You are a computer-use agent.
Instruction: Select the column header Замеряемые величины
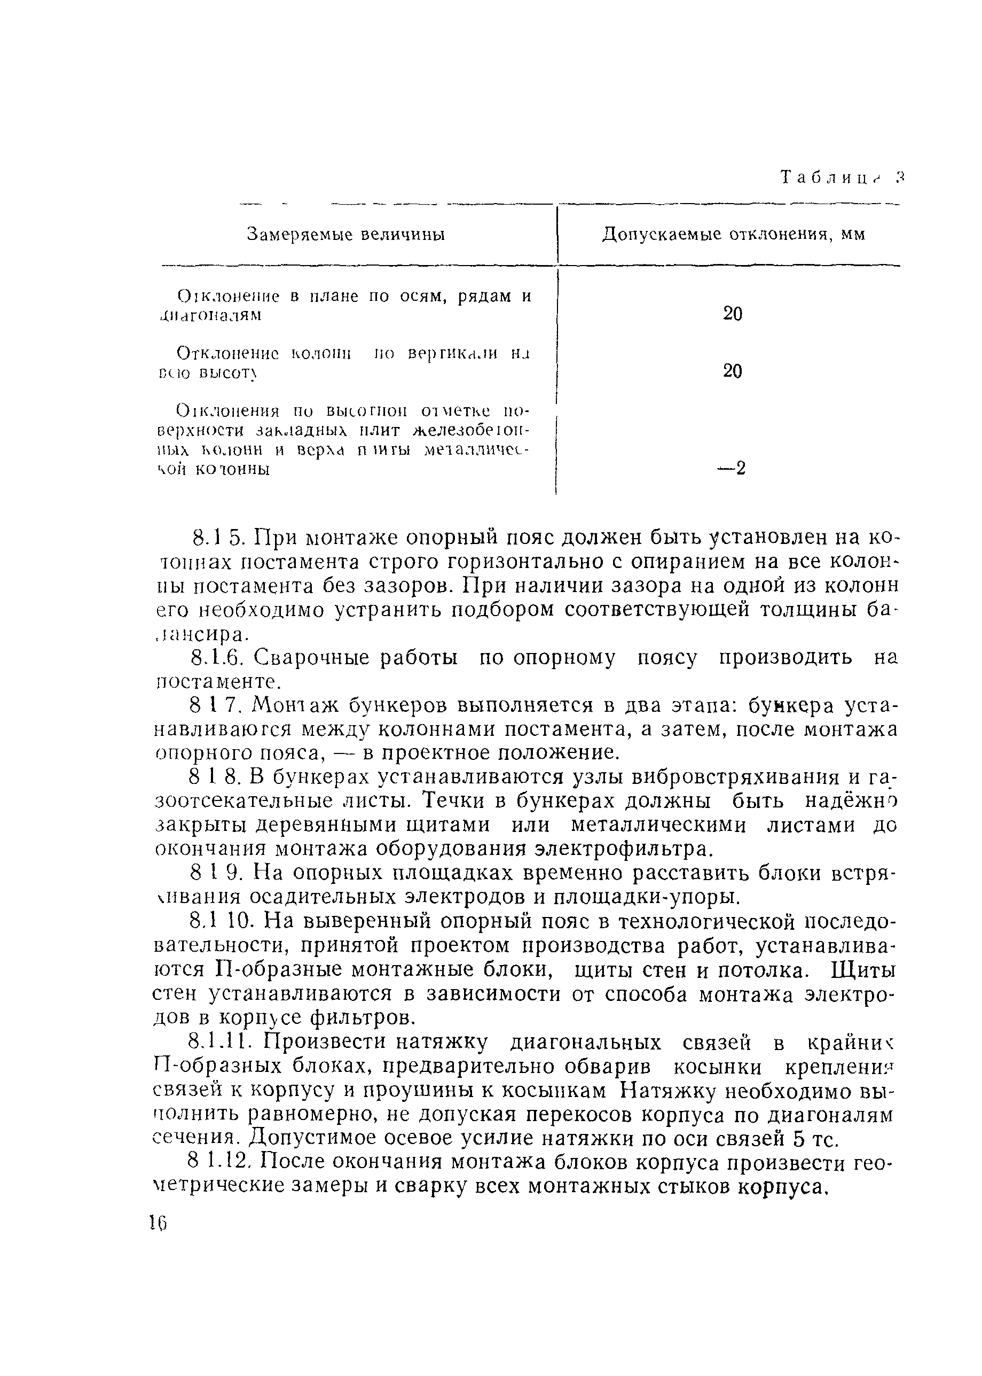(346, 235)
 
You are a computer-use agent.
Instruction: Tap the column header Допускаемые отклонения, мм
(733, 235)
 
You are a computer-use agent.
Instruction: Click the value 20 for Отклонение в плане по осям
(732, 314)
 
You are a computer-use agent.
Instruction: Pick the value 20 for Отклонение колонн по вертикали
(732, 371)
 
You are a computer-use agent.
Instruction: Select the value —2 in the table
(732, 468)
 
